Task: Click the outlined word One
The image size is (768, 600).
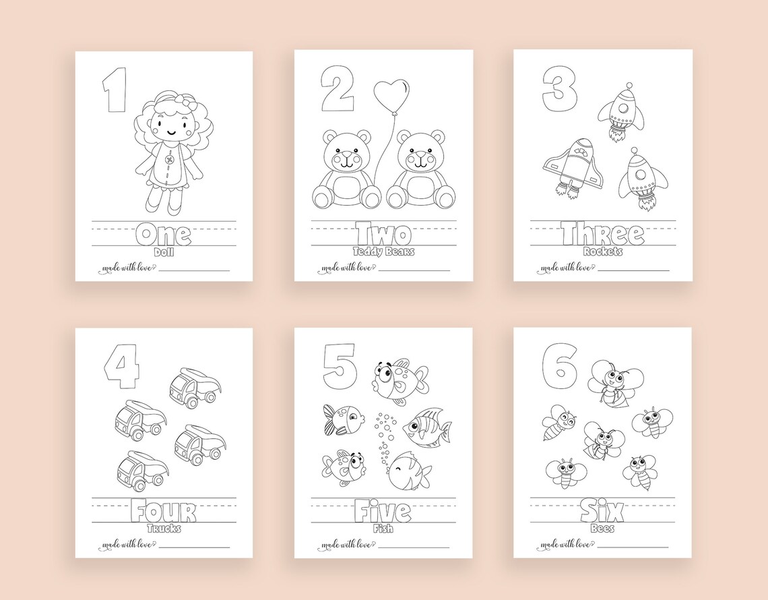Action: [x=163, y=235]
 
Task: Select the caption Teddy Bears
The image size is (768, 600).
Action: [x=383, y=252]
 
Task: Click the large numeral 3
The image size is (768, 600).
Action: [x=560, y=92]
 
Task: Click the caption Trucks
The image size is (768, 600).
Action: [x=163, y=529]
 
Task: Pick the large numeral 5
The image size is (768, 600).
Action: [x=338, y=364]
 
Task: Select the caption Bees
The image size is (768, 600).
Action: [x=602, y=529]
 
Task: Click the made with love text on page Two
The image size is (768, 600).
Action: [x=344, y=268]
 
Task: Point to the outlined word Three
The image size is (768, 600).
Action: [x=602, y=235]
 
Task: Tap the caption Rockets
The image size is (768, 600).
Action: [x=602, y=252]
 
